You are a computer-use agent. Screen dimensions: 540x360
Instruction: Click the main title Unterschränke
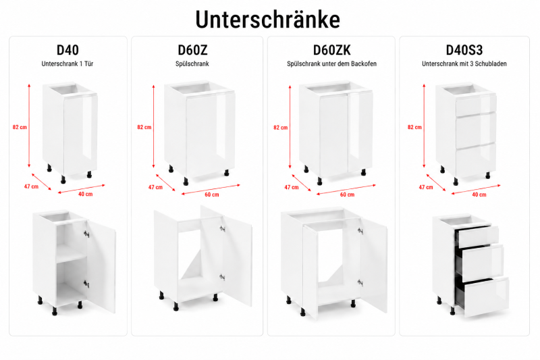267,20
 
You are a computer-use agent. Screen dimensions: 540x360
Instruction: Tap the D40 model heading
67,50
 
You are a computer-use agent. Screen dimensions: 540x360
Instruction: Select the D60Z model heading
192,50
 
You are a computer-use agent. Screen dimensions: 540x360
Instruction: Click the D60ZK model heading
331,50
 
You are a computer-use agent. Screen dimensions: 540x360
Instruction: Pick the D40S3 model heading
464,50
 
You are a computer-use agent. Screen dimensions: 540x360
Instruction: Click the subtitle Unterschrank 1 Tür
67,63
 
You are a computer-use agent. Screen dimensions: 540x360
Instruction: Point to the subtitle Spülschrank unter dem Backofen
331,63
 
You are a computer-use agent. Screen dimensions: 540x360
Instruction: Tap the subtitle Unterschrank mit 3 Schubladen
464,63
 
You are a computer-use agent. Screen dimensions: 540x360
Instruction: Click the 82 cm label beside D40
20,127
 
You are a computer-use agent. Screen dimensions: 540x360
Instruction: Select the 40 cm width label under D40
86,194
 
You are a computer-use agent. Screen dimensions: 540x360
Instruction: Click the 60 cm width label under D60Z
212,195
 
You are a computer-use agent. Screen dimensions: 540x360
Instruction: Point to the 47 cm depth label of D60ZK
292,187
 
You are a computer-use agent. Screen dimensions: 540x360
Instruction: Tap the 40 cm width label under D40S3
479,195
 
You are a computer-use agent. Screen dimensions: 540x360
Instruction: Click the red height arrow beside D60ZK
290,127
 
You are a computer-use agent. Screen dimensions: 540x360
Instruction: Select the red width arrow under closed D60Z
211,190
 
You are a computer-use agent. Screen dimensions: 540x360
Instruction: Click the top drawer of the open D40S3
478,235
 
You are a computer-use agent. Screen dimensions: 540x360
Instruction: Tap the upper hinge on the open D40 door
86,234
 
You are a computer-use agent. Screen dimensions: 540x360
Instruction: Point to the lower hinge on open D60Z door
222,277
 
